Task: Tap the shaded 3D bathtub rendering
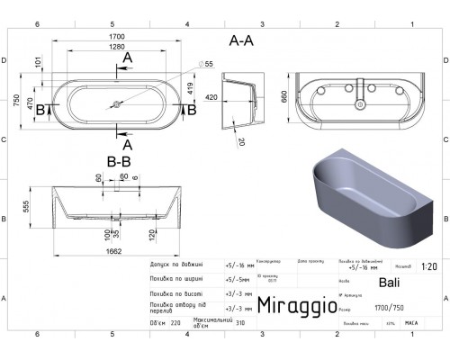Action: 369,193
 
